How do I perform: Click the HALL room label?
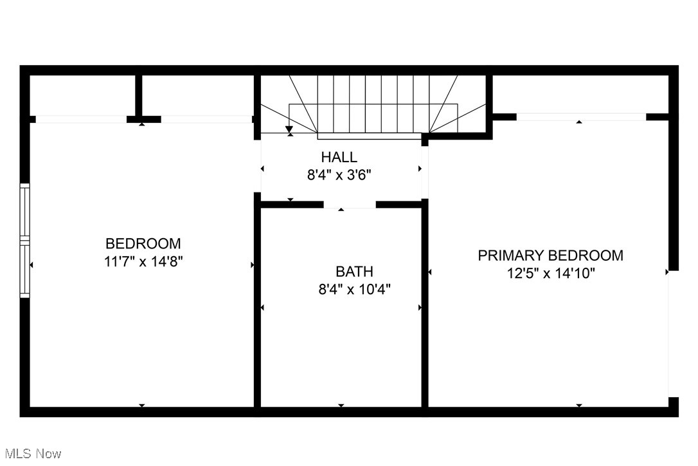pyautogui.click(x=339, y=157)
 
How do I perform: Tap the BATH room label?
pyautogui.click(x=353, y=272)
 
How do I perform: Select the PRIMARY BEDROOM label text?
pyautogui.click(x=550, y=256)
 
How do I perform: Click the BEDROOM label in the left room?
pyautogui.click(x=143, y=244)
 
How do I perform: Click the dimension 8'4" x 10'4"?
pyautogui.click(x=354, y=289)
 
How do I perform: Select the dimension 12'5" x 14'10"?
pyautogui.click(x=551, y=273)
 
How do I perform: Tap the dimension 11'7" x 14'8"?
pyautogui.click(x=143, y=261)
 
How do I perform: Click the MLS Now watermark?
pyautogui.click(x=31, y=454)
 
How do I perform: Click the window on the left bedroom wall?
pyautogui.click(x=24, y=241)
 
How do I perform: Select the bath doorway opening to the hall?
pyautogui.click(x=349, y=205)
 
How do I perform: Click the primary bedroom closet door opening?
pyautogui.click(x=581, y=117)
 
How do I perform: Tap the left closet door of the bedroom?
pyautogui.click(x=81, y=119)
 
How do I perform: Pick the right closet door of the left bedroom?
pyautogui.click(x=206, y=119)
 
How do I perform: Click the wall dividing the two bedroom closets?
pyautogui.click(x=138, y=96)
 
